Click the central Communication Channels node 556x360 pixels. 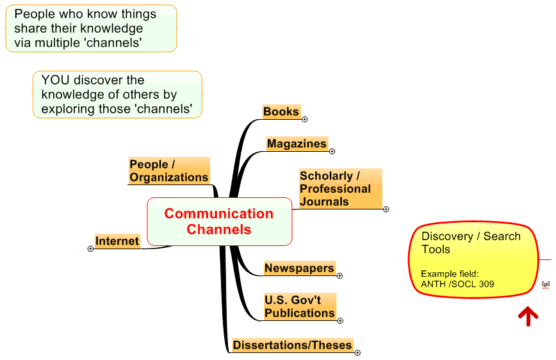pyautogui.click(x=219, y=222)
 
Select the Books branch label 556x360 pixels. pyautogui.click(x=281, y=111)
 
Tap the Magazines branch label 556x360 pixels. pyautogui.click(x=297, y=143)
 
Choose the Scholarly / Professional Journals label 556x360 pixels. pyautogui.click(x=339, y=188)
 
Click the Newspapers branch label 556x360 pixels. pyautogui.click(x=299, y=268)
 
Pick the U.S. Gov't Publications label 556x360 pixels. pyautogui.click(x=300, y=306)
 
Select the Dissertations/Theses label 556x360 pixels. pyautogui.click(x=292, y=345)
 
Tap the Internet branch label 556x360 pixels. pyautogui.click(x=117, y=241)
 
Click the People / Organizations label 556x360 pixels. pyautogui.click(x=169, y=171)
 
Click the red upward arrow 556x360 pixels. pyautogui.click(x=528, y=315)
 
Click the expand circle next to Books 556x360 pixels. pyautogui.click(x=305, y=119)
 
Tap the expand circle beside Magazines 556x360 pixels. pyautogui.click(x=332, y=151)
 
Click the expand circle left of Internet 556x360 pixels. pyautogui.click(x=90, y=249)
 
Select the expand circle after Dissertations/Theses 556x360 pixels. pyautogui.click(x=357, y=352)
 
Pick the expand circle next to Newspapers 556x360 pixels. pyautogui.click(x=339, y=276)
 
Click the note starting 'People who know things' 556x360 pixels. pyautogui.click(x=91, y=29)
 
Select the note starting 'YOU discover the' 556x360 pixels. pyautogui.click(x=117, y=95)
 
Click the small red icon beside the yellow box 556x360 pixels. pyautogui.click(x=545, y=284)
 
